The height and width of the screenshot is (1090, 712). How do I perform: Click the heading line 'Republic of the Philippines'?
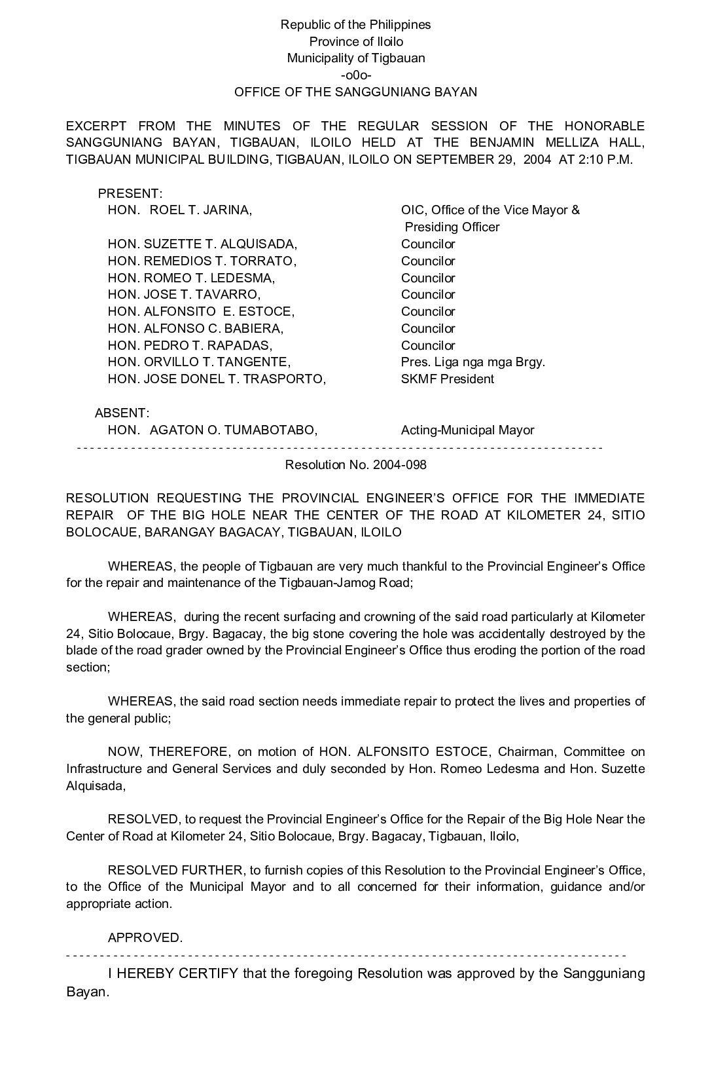355,25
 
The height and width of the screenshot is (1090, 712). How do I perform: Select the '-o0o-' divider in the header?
355,75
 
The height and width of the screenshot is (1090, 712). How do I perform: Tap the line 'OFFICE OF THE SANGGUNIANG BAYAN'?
355,92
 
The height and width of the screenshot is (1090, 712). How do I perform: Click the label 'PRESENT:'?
130,194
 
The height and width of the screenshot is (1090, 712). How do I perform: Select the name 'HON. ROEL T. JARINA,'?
180,210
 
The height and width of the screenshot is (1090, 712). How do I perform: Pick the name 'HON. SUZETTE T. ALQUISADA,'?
202,244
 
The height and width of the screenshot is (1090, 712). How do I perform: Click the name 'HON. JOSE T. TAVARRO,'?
184,295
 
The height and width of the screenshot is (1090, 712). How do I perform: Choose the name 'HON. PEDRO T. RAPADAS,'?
190,345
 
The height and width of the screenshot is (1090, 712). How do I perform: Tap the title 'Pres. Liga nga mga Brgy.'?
472,362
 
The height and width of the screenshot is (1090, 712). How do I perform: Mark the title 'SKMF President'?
447,379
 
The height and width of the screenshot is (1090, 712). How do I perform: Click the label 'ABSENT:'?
122,413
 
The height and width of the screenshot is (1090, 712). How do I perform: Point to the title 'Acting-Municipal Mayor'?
467,430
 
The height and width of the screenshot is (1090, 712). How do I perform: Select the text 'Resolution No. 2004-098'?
355,465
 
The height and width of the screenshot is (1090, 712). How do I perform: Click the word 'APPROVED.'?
145,938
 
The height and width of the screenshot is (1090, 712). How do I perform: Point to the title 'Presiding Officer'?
452,227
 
